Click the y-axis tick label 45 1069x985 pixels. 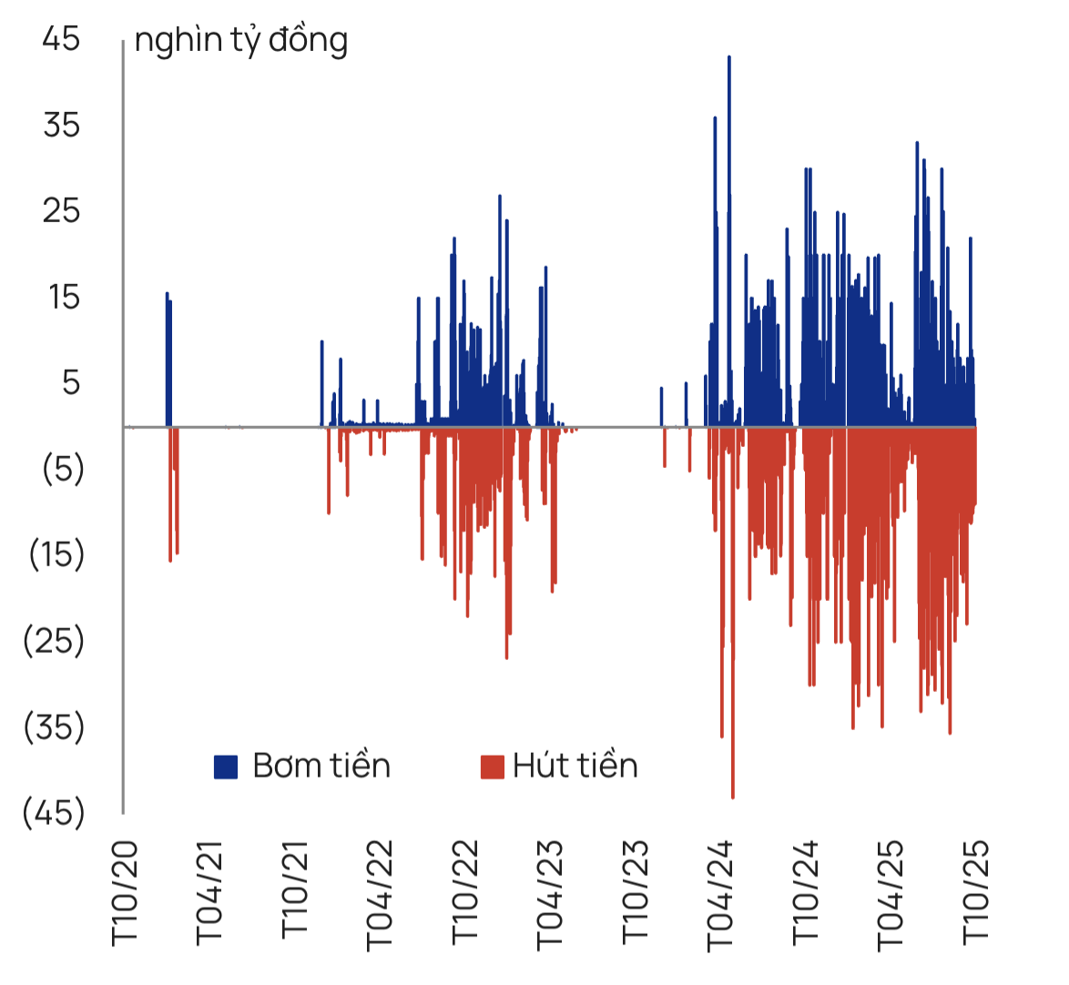(x=61, y=39)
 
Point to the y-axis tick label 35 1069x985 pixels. (x=61, y=125)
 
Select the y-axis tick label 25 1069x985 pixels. (x=61, y=211)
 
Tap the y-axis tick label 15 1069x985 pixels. (x=64, y=297)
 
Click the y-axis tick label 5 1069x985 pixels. (x=71, y=382)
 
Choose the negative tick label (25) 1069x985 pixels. (x=54, y=640)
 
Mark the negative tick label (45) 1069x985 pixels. (x=54, y=811)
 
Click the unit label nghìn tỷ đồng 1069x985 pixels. (x=240, y=41)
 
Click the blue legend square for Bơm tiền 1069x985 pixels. (x=226, y=767)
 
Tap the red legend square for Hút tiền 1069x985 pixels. (x=492, y=767)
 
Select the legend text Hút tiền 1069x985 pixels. (x=575, y=766)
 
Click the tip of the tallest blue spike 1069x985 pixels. (x=729, y=57)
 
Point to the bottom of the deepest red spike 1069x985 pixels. (x=733, y=797)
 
